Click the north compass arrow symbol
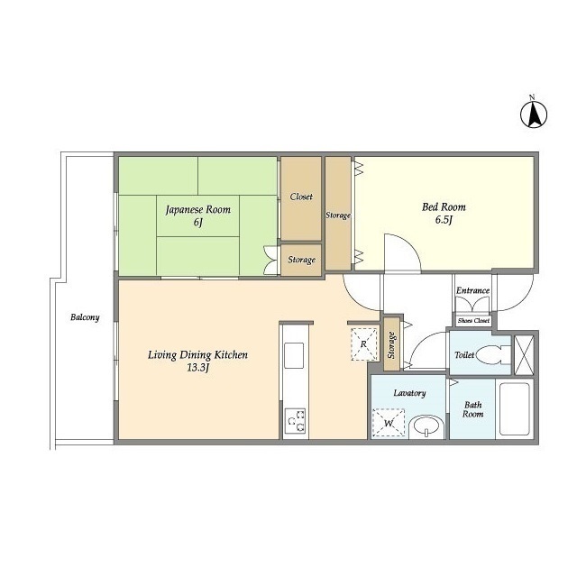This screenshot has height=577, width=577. (534, 114)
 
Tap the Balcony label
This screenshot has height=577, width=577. (85, 317)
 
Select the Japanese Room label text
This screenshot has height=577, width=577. (198, 210)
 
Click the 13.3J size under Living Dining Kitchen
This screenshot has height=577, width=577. (198, 368)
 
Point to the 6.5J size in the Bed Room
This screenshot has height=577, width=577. (444, 220)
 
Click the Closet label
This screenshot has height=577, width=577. (301, 197)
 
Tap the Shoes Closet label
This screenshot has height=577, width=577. (473, 321)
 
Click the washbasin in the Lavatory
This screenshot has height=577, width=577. (426, 427)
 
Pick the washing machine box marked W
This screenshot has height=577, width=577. (389, 424)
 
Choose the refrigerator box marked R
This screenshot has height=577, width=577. (364, 344)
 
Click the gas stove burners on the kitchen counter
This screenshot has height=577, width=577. (295, 421)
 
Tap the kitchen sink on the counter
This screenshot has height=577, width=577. (295, 355)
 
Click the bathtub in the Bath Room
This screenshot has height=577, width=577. (515, 408)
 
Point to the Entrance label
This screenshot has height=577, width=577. (472, 290)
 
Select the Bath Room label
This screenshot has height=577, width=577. (472, 409)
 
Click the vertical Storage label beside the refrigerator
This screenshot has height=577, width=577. (391, 345)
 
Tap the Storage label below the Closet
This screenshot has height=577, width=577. (301, 260)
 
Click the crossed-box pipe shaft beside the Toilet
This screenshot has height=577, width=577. (524, 355)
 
